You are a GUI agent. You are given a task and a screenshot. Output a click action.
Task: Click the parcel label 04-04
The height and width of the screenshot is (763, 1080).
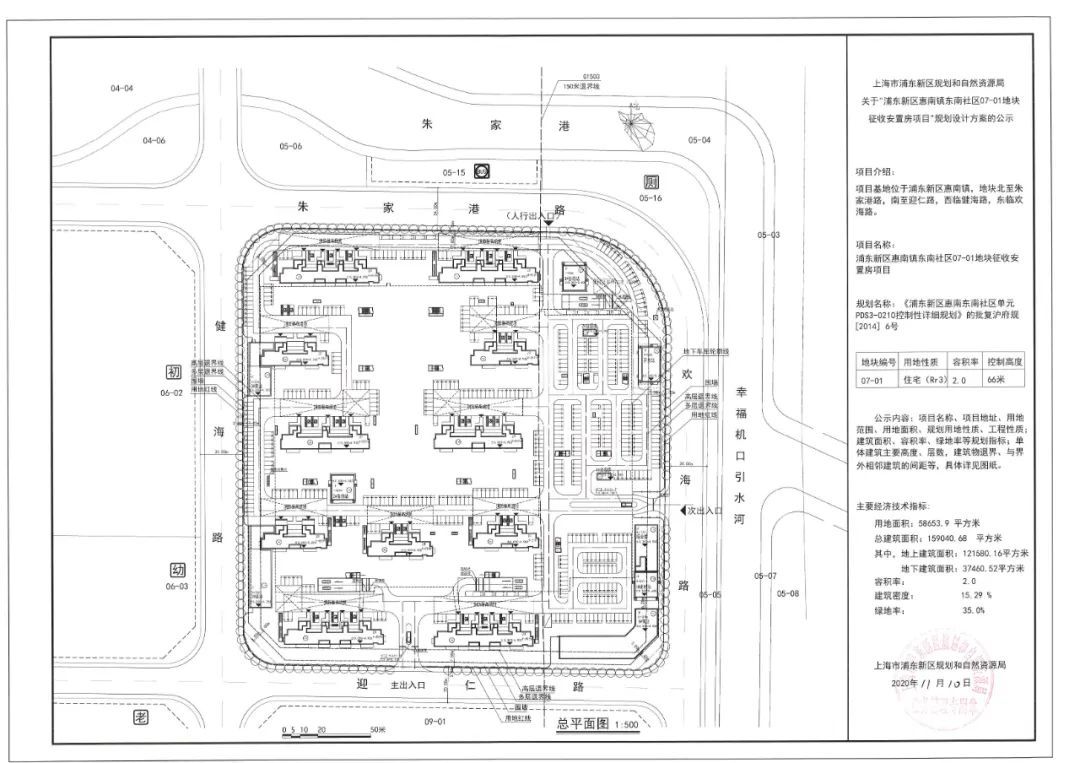[x=122, y=89]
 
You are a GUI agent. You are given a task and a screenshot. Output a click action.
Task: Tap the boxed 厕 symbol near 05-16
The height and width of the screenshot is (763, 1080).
[x=651, y=183]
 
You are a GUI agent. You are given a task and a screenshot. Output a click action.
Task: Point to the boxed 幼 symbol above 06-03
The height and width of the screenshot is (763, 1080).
[x=177, y=569]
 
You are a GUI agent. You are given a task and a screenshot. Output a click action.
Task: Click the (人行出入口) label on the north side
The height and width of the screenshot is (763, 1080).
[x=530, y=215]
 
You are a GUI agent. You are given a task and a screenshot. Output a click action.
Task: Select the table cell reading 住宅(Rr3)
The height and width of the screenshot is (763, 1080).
[x=921, y=380]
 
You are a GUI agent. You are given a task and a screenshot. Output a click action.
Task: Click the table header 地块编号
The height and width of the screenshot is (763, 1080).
[x=878, y=361]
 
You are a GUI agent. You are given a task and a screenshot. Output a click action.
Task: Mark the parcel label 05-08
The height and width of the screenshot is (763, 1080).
[x=788, y=593]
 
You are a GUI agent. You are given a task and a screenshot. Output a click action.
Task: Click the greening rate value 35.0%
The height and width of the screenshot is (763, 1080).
[x=917, y=609]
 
